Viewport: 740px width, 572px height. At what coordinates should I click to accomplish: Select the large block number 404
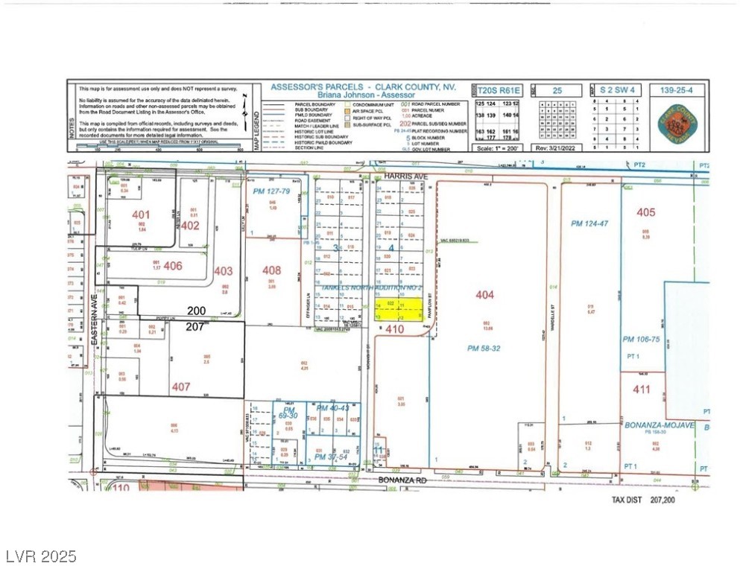coord(484,295)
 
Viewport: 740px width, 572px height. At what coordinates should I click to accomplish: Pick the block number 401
coord(142,214)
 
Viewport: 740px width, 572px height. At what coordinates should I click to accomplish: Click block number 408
coord(272,270)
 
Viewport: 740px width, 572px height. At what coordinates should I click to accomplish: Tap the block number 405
coord(646,212)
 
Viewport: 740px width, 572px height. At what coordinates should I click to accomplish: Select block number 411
coord(642,389)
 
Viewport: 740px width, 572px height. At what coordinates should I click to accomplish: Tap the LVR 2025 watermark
coord(39,556)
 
